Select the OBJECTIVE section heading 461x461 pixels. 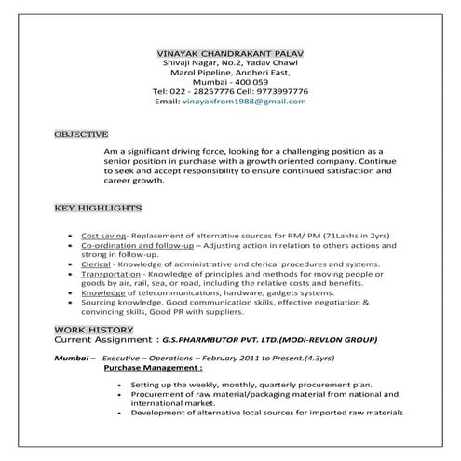click(81, 134)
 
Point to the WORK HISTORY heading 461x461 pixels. click(93, 331)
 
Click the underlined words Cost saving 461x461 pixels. click(103, 237)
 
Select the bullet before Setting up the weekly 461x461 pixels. click(121, 384)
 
